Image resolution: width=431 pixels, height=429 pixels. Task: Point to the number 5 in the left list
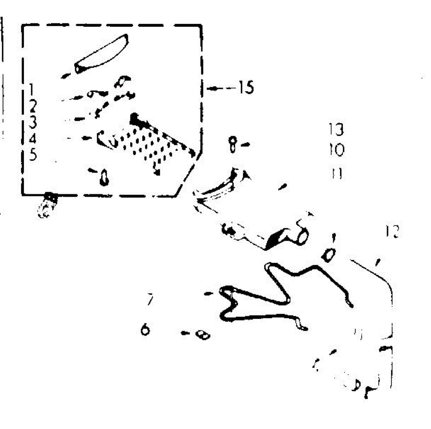click(x=33, y=155)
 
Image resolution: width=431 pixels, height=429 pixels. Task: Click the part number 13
click(x=336, y=129)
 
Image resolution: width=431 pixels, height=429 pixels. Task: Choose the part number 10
click(x=336, y=149)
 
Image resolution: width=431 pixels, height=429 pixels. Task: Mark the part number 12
click(x=391, y=232)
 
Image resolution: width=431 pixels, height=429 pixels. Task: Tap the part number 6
click(x=145, y=329)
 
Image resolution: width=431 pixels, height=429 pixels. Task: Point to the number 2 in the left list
click(x=33, y=106)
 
